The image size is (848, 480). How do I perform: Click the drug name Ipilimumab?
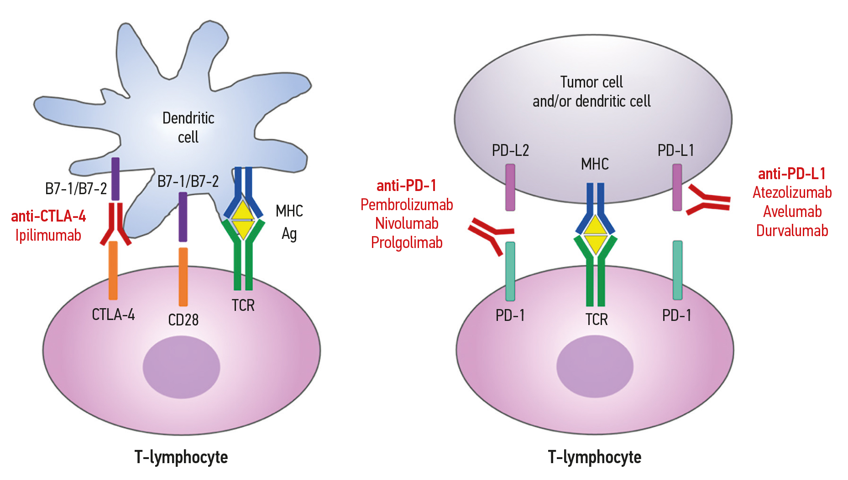[48, 235]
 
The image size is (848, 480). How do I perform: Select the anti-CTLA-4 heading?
[48, 216]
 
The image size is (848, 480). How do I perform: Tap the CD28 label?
[183, 320]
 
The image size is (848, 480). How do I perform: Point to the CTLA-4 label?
[113, 315]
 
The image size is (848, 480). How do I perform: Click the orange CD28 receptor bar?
[183, 277]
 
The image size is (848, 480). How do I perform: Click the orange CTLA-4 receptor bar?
[113, 270]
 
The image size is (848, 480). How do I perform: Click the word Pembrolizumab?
[407, 205]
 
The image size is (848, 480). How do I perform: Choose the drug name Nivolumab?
[407, 223]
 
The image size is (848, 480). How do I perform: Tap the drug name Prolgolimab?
[407, 243]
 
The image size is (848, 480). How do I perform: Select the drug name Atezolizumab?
[792, 192]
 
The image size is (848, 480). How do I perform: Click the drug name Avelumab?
[792, 212]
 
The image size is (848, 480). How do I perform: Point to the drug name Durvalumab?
[792, 231]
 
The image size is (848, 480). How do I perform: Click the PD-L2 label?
[510, 150]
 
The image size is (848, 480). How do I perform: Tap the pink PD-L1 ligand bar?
[677, 187]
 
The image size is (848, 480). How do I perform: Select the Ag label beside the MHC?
[289, 234]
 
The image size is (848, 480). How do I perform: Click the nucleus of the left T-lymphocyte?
[181, 366]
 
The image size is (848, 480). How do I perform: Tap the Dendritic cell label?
[188, 127]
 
